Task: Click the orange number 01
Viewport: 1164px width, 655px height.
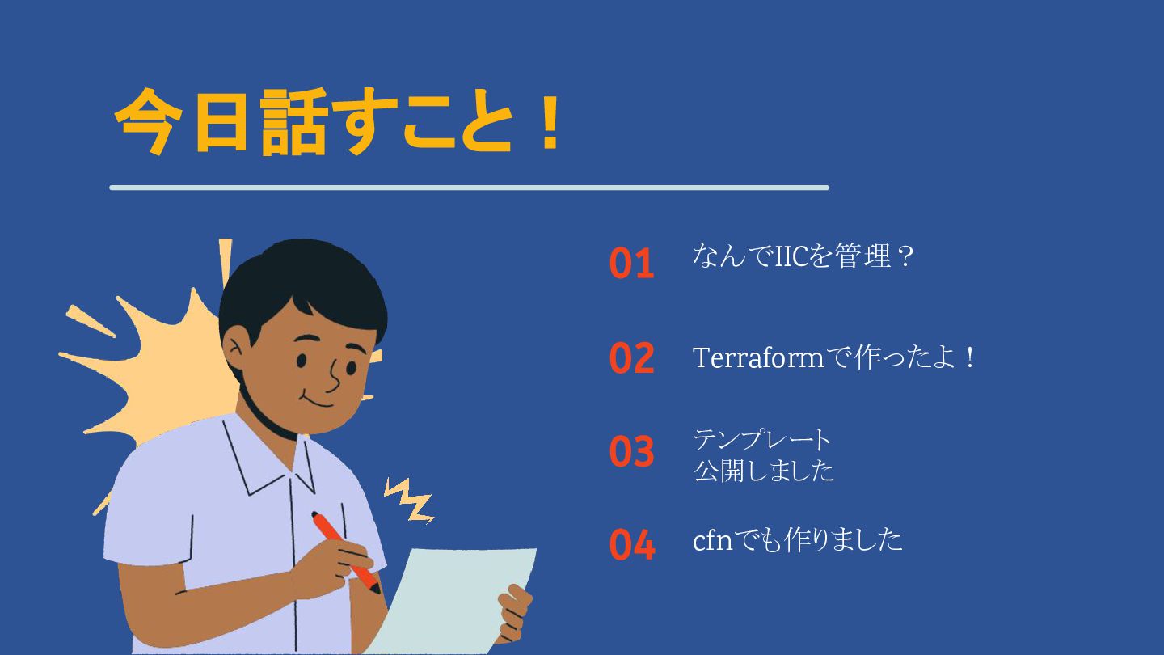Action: (631, 263)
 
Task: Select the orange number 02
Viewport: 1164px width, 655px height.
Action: (631, 357)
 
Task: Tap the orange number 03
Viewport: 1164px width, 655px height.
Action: (631, 450)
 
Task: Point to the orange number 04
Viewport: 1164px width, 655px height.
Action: (632, 544)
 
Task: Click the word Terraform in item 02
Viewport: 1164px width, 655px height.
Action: (758, 358)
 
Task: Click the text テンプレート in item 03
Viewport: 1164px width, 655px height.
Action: (761, 440)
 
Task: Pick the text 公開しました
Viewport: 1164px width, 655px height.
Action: (763, 471)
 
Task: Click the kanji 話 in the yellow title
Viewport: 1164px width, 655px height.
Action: (293, 122)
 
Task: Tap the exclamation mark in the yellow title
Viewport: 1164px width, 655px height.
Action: (549, 123)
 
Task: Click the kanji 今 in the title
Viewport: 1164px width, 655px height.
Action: (149, 122)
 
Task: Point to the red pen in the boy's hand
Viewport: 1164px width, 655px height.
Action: (346, 552)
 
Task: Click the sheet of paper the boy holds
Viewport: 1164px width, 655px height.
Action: (458, 600)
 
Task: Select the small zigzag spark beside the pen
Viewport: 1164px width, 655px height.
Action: (409, 500)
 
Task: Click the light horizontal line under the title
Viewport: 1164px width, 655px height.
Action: (469, 188)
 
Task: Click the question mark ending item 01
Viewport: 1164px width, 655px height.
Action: (905, 256)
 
